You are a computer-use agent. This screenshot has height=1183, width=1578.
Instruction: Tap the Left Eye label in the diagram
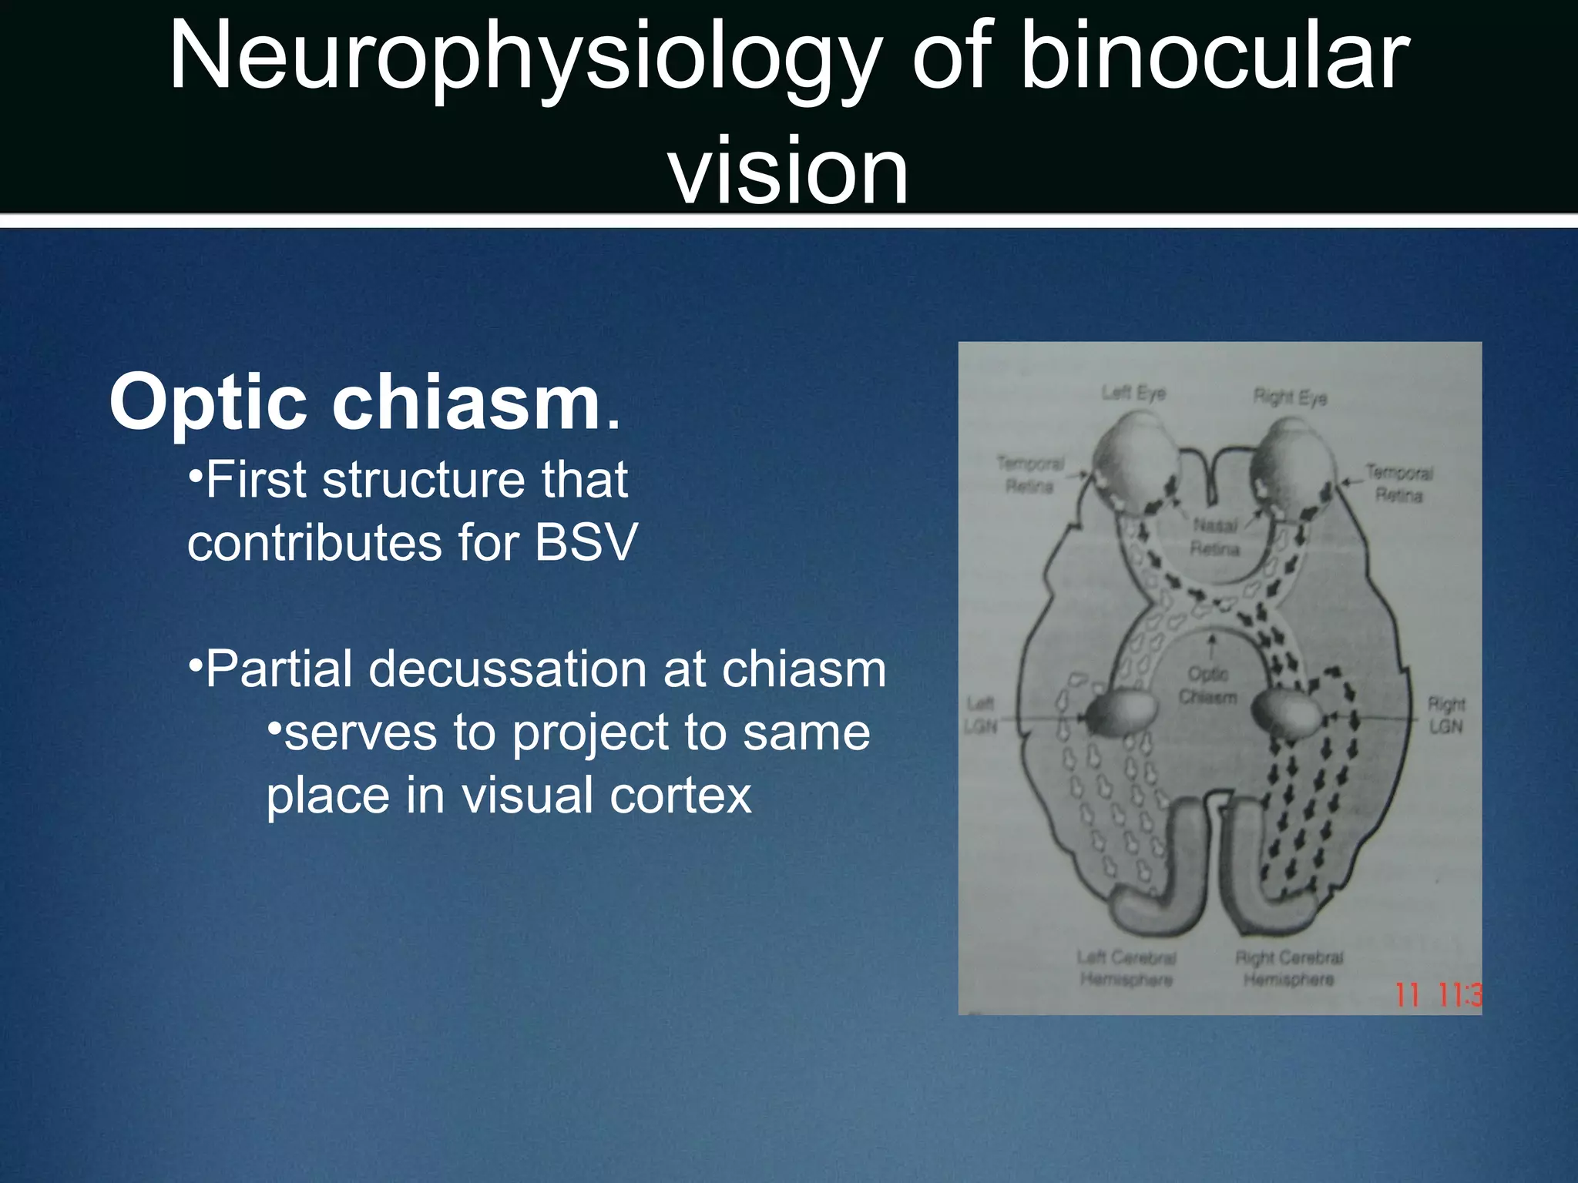pyautogui.click(x=1133, y=393)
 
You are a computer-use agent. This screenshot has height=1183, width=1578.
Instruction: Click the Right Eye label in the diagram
pyautogui.click(x=1290, y=397)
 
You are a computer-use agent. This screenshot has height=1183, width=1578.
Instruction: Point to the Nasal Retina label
pyautogui.click(x=1215, y=537)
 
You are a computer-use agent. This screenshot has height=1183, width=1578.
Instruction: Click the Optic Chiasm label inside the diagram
pyautogui.click(x=1207, y=685)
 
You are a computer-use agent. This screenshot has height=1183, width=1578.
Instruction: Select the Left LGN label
pyautogui.click(x=981, y=715)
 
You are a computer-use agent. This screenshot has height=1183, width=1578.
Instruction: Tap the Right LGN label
pyautogui.click(x=1445, y=715)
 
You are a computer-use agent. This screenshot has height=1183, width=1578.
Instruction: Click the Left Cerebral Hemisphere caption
pyautogui.click(x=1126, y=968)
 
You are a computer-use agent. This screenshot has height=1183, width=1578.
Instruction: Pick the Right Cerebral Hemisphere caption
pyautogui.click(x=1289, y=968)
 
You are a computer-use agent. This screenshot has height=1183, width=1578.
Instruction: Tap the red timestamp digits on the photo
pyautogui.click(x=1437, y=995)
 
